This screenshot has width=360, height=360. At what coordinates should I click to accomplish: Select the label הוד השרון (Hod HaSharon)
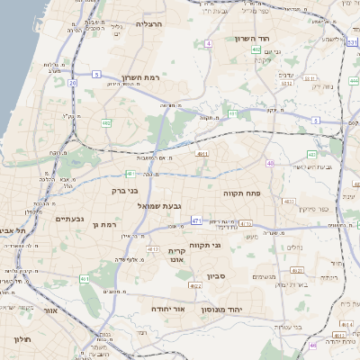pos(271,39)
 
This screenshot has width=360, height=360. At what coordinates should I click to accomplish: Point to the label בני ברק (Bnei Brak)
pos(126,190)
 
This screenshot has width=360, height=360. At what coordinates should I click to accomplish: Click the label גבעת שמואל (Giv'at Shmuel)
pos(136,206)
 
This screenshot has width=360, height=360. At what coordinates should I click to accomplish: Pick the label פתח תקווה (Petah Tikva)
pos(241,193)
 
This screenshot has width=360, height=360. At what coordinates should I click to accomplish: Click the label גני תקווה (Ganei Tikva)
pos(206,245)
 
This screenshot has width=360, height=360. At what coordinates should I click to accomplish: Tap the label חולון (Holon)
pos(22,338)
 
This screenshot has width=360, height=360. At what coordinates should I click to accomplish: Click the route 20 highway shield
pos(71,83)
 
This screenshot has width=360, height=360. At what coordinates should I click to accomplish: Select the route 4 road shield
pos(209,43)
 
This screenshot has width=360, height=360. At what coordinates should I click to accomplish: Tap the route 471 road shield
pos(196,220)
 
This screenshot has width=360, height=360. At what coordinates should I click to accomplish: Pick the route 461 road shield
pos(85,280)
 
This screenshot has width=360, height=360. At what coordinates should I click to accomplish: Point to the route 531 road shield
pos(351,41)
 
